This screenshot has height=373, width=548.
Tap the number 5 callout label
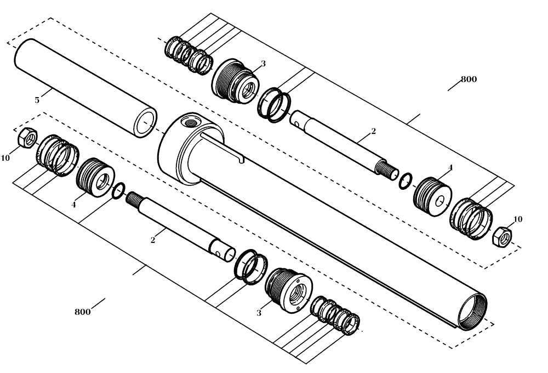37,100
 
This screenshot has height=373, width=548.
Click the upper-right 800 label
469,79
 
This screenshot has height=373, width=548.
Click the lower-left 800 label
82,312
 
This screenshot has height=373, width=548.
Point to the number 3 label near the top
263,64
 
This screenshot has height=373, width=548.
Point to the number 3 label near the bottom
259,313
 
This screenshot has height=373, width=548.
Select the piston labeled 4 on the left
95,176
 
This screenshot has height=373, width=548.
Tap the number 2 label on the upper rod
373,131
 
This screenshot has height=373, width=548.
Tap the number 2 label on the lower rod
153,240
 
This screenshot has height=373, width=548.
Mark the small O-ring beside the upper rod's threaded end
406,179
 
